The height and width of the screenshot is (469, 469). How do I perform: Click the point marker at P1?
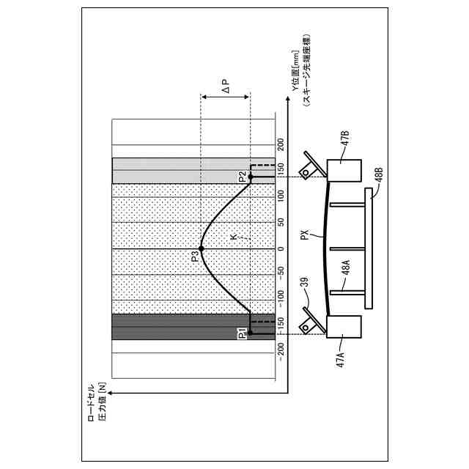point(251,333)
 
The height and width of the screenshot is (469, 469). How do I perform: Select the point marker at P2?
point(251,177)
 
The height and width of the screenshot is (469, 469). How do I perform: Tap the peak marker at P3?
point(201,249)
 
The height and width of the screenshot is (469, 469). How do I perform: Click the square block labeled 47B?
point(344,170)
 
